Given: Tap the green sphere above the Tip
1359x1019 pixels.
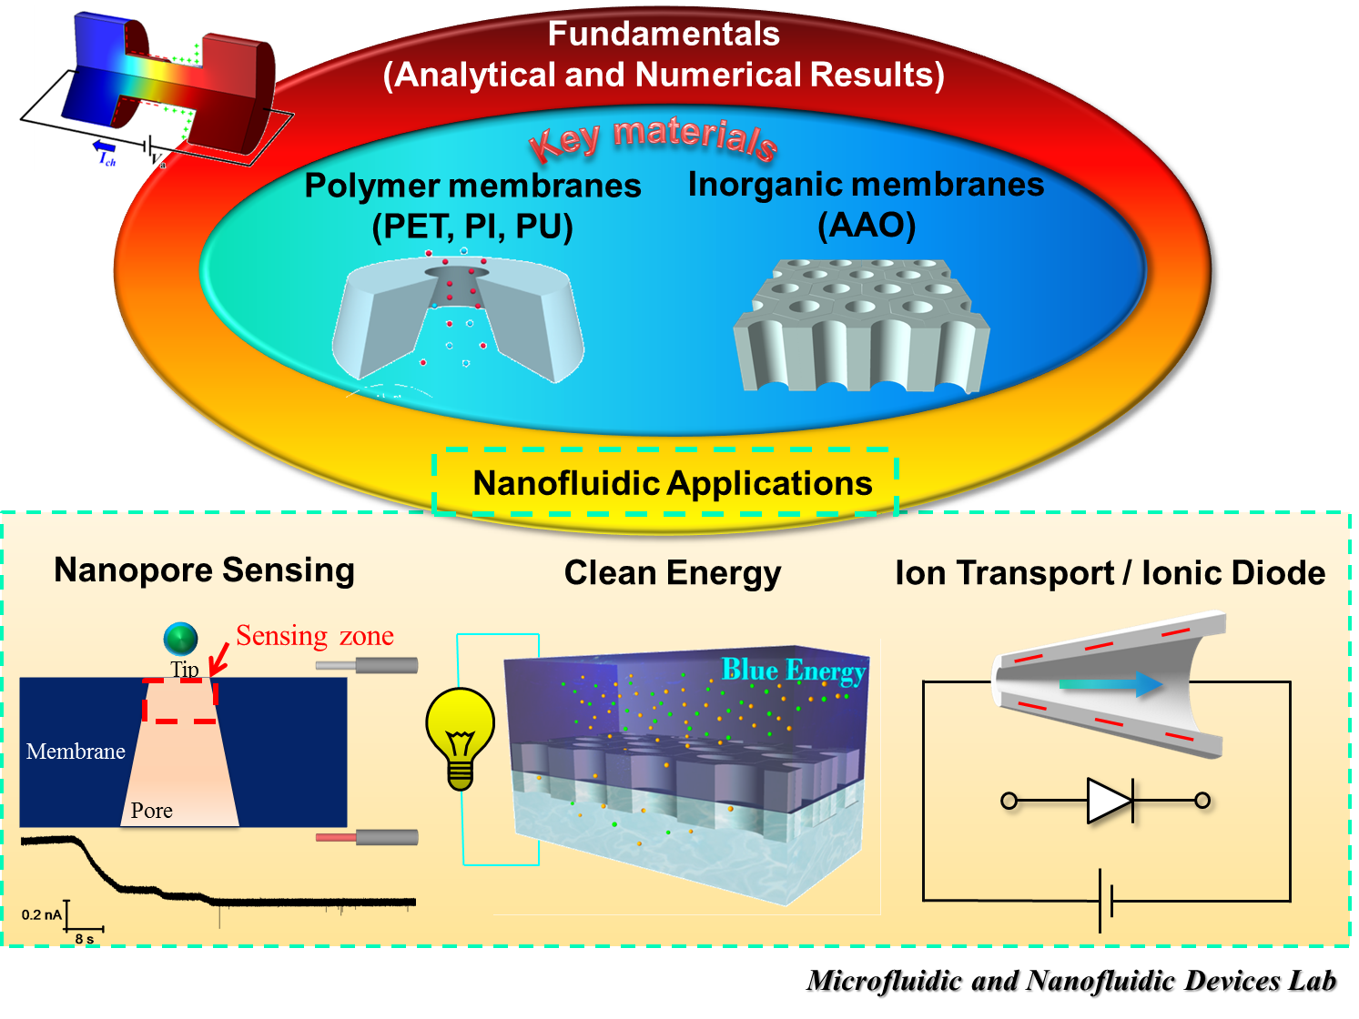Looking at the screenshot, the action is pyautogui.click(x=181, y=639).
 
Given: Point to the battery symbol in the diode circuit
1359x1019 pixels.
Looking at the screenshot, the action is pyautogui.click(x=1106, y=901).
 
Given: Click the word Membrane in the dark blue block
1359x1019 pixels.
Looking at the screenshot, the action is pyautogui.click(x=76, y=752).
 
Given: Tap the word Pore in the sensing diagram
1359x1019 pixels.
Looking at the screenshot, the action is pyautogui.click(x=152, y=811).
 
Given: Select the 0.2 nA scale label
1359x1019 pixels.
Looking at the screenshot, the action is pyautogui.click(x=42, y=914).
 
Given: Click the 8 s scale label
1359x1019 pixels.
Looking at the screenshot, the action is pyautogui.click(x=85, y=939).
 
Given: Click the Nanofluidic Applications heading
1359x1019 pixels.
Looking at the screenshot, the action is pyautogui.click(x=673, y=483).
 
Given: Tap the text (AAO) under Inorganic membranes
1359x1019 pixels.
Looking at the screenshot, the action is pyautogui.click(x=867, y=225).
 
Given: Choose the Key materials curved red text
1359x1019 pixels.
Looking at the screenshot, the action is pyautogui.click(x=654, y=140).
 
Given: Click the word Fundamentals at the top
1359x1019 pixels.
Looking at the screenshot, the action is pyautogui.click(x=664, y=34).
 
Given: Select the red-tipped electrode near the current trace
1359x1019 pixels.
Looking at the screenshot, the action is pyautogui.click(x=367, y=838).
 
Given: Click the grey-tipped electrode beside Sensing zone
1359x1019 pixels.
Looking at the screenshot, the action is pyautogui.click(x=367, y=666).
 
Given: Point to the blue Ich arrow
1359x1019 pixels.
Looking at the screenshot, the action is pyautogui.click(x=104, y=146).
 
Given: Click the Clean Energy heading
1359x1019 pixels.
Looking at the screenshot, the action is pyautogui.click(x=673, y=573).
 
